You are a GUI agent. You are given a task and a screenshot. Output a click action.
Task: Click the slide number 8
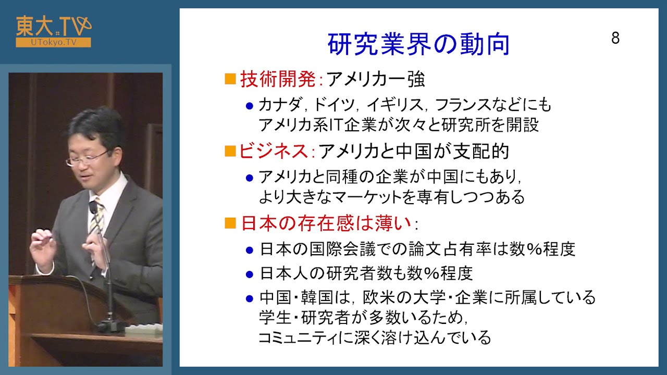[615, 38]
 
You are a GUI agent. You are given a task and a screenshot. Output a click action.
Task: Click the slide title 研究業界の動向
[418, 44]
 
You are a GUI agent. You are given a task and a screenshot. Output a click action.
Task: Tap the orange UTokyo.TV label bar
[53, 43]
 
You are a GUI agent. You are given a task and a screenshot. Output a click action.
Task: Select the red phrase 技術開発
[278, 80]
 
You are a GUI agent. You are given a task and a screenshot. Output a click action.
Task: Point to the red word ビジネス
[274, 151]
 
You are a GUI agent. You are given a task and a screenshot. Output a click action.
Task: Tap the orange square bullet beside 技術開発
[230, 79]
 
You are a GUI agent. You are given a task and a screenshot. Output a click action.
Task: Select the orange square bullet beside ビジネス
[230, 151]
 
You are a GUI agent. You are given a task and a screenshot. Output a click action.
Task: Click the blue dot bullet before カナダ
[250, 106]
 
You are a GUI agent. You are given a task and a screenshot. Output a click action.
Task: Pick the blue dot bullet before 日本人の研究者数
[250, 274]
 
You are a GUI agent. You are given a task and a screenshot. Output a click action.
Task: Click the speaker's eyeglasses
[87, 158]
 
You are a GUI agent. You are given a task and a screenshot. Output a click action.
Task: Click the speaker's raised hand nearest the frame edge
[43, 250]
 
